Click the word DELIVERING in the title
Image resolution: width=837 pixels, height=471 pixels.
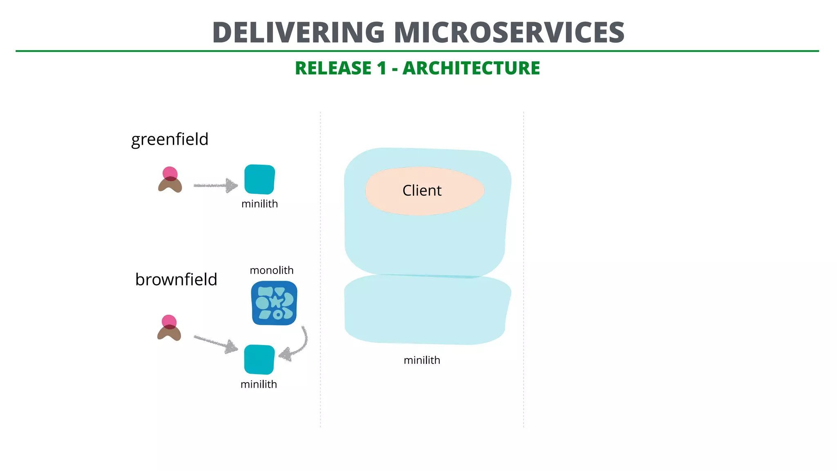tap(298, 33)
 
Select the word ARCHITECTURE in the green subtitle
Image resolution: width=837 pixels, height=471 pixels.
tap(471, 68)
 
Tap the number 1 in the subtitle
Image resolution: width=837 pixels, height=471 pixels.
tap(381, 68)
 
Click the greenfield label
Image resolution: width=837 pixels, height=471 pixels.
tap(170, 139)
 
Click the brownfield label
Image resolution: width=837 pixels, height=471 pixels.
tap(176, 280)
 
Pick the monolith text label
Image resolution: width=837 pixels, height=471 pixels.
tap(271, 270)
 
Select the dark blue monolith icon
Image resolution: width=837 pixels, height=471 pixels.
tap(274, 303)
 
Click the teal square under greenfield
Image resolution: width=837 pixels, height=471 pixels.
tap(260, 179)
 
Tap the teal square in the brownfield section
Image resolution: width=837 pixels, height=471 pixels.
tap(259, 359)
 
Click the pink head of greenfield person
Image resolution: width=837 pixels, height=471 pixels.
tap(170, 173)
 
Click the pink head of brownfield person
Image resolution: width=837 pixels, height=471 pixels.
tap(169, 321)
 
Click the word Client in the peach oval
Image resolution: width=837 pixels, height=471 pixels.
tap(422, 191)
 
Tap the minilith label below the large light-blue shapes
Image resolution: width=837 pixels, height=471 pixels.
tap(422, 360)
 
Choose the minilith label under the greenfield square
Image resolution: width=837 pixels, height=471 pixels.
tap(260, 204)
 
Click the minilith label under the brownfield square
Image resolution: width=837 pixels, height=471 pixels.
tap(259, 384)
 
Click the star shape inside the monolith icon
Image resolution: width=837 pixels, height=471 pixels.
tap(276, 302)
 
